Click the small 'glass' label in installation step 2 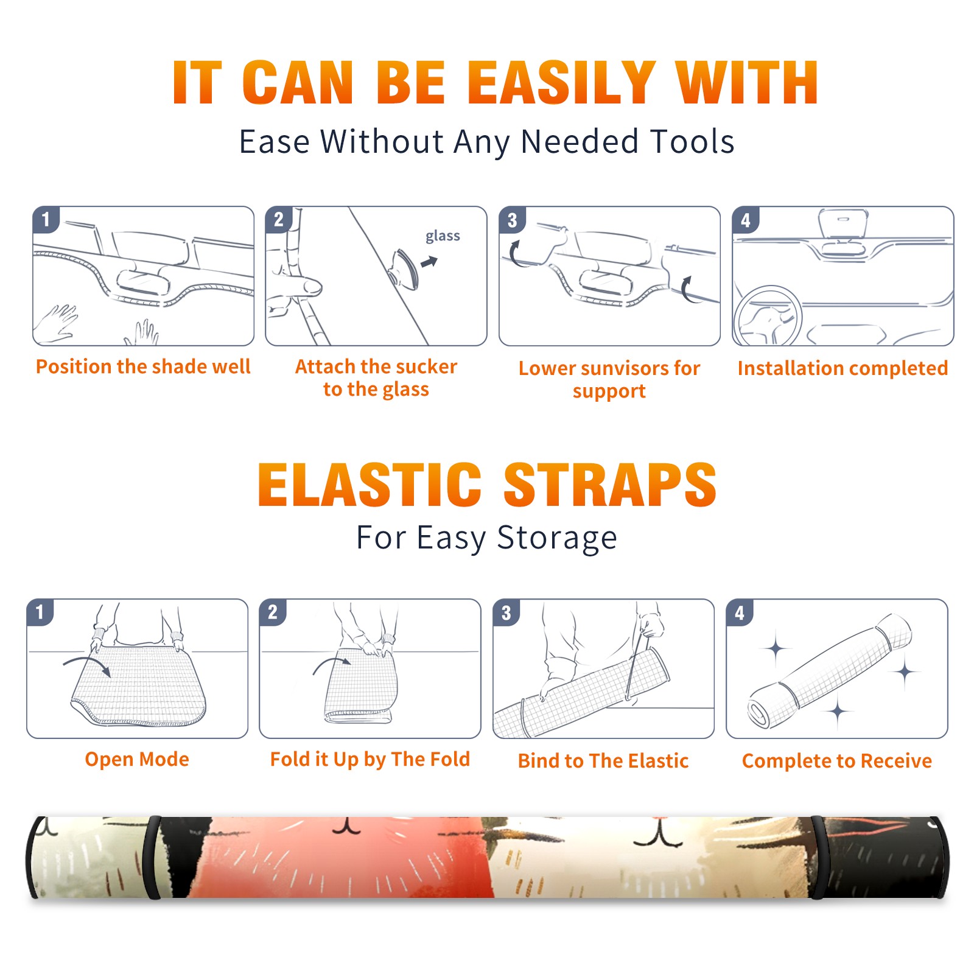point(443,236)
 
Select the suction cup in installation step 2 point(405,268)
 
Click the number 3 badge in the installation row point(512,220)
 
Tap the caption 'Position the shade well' point(143,366)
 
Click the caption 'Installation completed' point(843,368)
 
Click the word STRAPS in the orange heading point(610,485)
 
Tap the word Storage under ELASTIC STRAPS point(556,538)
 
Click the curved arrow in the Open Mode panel point(87,662)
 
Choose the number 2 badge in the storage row point(273,612)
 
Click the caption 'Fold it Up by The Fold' point(370,759)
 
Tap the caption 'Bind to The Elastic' point(603,761)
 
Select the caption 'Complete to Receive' point(837,761)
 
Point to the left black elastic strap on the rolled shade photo point(152,858)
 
